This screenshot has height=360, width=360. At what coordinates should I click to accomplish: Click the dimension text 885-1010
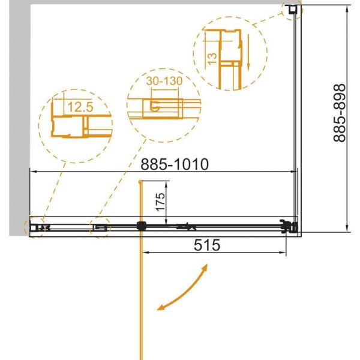click(175, 164)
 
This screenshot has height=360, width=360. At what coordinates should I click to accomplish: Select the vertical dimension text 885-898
click(340, 113)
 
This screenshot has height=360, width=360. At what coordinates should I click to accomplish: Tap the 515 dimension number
click(207, 245)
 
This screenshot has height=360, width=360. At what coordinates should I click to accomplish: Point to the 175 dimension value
click(160, 202)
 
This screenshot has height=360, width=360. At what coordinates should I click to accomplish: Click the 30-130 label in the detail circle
click(164, 81)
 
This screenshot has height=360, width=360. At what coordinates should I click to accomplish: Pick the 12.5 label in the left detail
click(80, 107)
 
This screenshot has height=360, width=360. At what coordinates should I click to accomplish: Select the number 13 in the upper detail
click(212, 59)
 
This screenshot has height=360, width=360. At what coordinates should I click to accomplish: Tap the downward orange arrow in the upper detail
click(248, 52)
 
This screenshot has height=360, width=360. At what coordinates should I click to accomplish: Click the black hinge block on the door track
click(141, 226)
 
